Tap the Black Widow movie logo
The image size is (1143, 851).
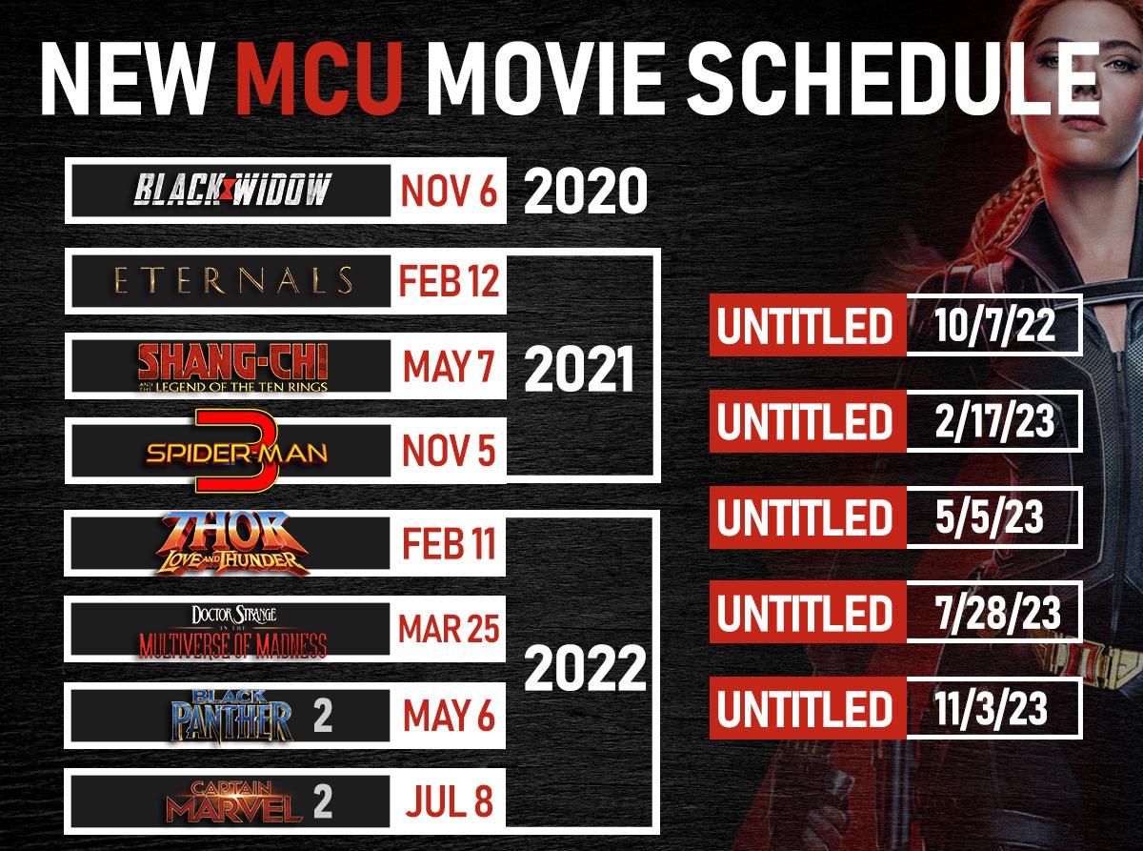tap(231, 191)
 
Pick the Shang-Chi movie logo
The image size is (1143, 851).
tap(232, 366)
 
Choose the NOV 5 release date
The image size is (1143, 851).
tap(449, 451)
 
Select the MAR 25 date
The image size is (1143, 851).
tap(449, 629)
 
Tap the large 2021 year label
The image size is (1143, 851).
tap(579, 370)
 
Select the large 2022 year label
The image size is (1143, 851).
tap(585, 669)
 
